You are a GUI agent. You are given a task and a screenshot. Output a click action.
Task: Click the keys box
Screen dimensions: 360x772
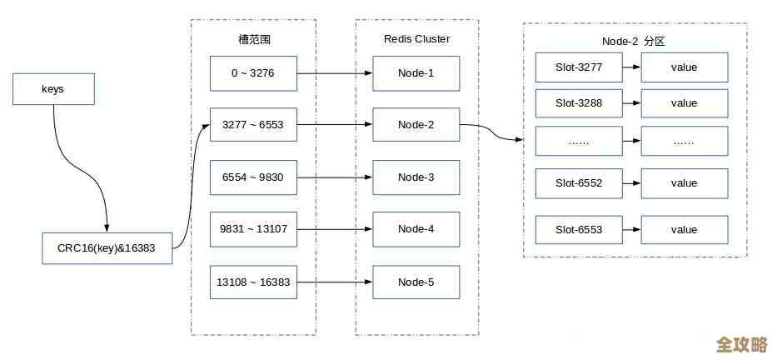coord(53,88)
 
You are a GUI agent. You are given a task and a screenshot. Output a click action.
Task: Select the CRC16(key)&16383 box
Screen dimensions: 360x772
coord(107,248)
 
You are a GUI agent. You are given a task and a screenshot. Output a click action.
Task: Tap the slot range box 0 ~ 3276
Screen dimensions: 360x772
coord(253,72)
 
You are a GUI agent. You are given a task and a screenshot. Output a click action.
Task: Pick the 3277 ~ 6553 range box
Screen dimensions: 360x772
coord(253,125)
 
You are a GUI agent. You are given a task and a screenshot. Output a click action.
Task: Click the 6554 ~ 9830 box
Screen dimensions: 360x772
coord(253,177)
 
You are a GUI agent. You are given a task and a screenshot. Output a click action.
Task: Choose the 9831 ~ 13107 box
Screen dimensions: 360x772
coord(253,229)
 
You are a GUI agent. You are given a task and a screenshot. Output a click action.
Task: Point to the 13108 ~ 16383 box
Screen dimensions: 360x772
coord(253,282)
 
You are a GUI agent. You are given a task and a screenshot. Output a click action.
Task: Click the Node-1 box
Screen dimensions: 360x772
coord(416,72)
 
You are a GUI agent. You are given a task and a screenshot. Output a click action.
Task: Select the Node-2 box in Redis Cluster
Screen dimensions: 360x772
coord(416,125)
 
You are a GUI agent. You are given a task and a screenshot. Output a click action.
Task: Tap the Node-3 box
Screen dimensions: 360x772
coord(416,177)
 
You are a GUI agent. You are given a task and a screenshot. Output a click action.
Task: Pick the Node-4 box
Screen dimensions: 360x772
coord(416,229)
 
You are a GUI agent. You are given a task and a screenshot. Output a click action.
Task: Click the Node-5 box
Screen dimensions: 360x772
coord(416,282)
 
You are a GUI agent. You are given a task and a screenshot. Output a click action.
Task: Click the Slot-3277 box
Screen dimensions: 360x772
coord(579,67)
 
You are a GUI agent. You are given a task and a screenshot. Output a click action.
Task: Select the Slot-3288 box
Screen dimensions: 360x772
coord(579,103)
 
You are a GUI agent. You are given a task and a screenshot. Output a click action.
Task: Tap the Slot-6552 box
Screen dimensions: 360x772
coord(579,183)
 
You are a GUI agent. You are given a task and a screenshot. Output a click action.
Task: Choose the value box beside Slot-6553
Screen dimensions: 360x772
coord(684,230)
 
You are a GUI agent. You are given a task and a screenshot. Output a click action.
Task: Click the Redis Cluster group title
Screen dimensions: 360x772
coord(416,38)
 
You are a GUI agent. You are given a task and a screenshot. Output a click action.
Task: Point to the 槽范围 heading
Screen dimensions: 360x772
coord(253,39)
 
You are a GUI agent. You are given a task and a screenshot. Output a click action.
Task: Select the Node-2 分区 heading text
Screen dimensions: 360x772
coord(635,39)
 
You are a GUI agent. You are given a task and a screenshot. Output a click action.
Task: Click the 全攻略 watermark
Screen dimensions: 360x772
coord(741,344)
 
